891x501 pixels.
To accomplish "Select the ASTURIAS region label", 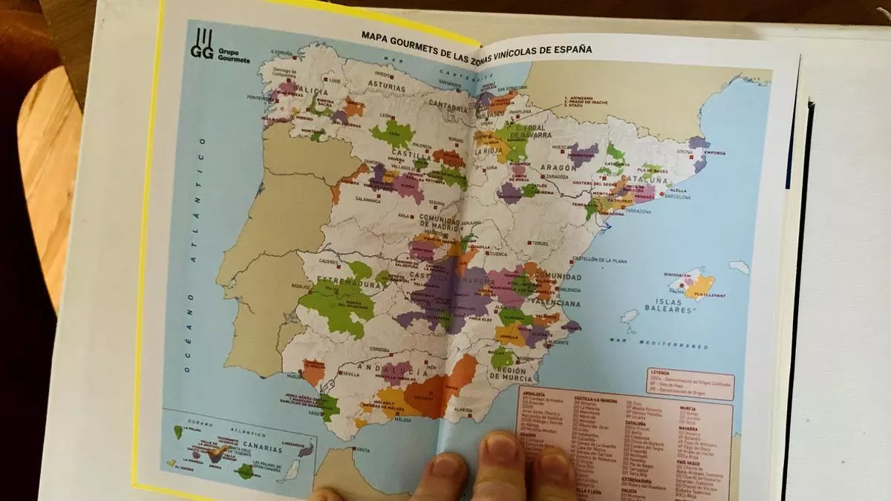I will pyautogui.click(x=384, y=87).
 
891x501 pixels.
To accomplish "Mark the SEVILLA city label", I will pyautogui.click(x=349, y=374).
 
